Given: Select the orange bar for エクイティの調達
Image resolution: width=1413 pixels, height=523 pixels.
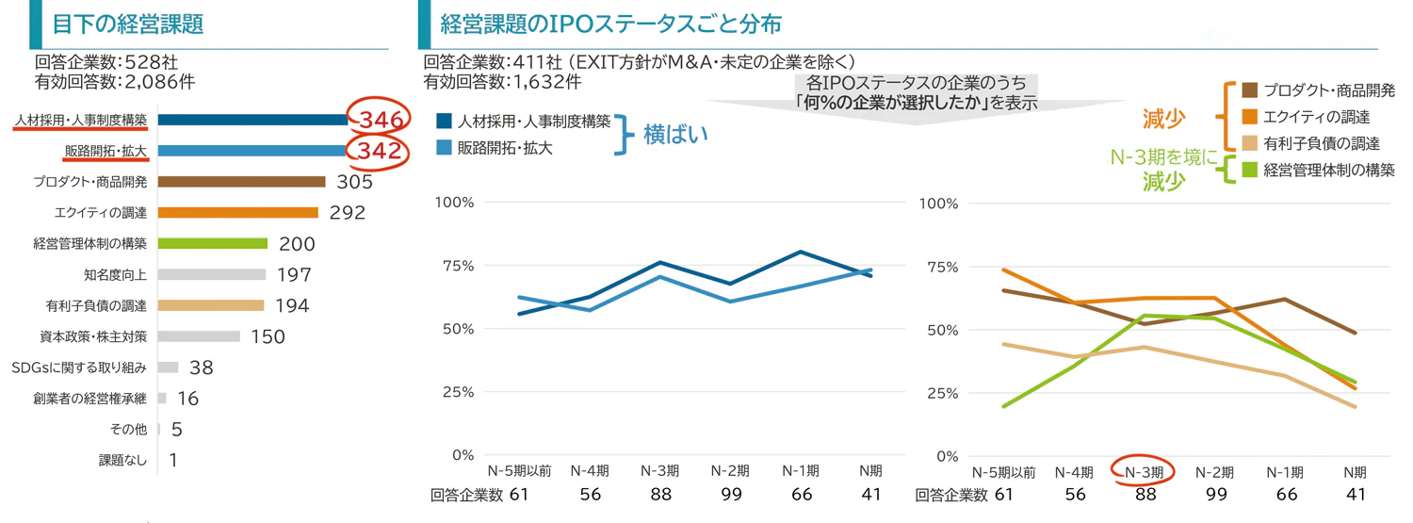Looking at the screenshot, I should pos(238,213).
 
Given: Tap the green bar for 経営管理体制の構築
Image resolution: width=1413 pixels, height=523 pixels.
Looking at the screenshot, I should pos(213,244).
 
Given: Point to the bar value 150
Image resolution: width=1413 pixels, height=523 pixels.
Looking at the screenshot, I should pos(268,336).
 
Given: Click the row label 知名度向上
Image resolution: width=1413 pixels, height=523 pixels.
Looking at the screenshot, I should pos(115,275).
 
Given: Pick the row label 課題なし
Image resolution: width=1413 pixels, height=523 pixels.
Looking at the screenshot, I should pos(122,461).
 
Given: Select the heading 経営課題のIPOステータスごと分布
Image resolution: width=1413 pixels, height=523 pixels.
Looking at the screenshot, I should pos(610,25).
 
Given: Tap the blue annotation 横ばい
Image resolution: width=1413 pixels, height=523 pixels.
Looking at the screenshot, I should pos(675,134).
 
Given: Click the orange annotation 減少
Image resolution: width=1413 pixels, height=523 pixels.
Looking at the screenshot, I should pos(1164,119).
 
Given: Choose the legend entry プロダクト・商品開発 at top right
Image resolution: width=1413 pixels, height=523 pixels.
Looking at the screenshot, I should pos(1329,90).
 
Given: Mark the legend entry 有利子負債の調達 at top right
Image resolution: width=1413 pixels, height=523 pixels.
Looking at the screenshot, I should pos(1323,143).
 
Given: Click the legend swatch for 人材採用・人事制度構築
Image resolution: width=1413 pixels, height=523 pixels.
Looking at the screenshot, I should pos(444,122).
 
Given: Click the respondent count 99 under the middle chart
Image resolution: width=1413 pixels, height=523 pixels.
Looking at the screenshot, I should pos(730,494).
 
